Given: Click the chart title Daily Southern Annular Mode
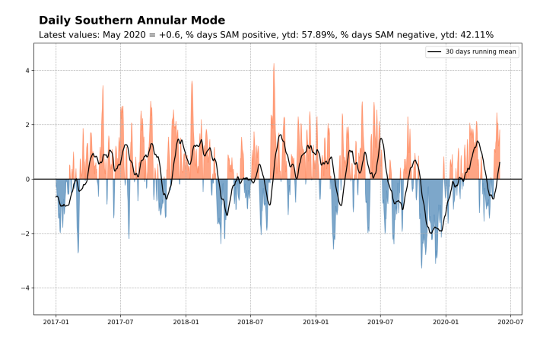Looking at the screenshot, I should tap(132, 21).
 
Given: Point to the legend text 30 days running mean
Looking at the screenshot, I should tap(480, 52).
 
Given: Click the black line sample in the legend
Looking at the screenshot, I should tap(434, 52).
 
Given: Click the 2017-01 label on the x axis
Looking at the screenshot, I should tap(56, 322).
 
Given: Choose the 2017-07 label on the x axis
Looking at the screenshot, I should tap(120, 322).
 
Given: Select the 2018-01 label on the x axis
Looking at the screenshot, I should tap(186, 322).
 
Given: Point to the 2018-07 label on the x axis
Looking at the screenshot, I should tap(250, 322).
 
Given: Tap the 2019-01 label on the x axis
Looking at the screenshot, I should tap(316, 322).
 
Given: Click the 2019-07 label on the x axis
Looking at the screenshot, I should tap(380, 322).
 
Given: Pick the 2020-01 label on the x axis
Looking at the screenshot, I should tap(446, 322).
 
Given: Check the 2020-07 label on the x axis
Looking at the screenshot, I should tap(510, 322).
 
